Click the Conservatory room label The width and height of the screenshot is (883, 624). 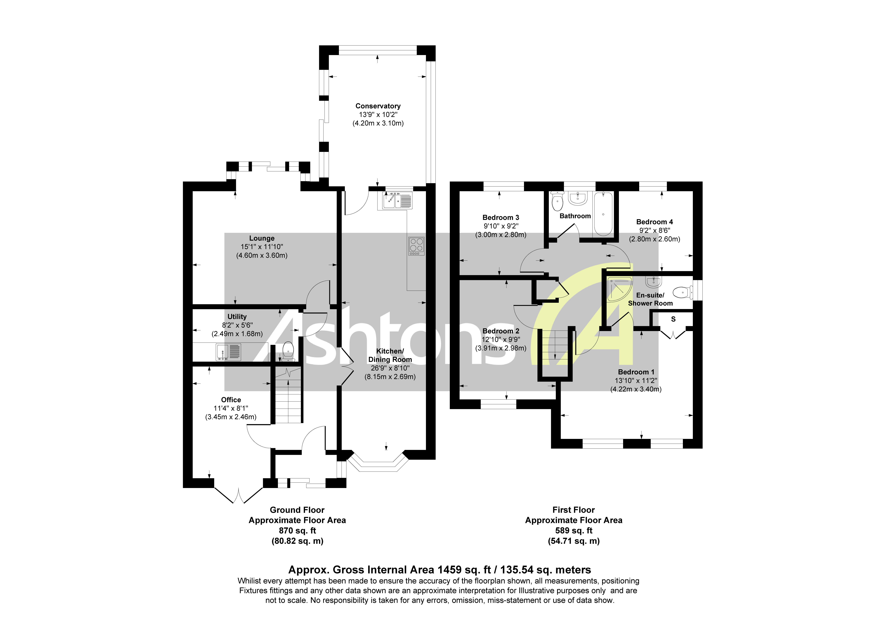(x=378, y=106)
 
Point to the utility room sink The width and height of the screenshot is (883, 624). (x=228, y=352)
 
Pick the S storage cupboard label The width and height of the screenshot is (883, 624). (x=673, y=319)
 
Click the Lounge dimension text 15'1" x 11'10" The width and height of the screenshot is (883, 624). (x=262, y=247)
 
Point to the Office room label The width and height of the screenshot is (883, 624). (x=231, y=400)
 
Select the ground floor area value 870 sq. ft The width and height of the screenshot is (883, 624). (x=297, y=530)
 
